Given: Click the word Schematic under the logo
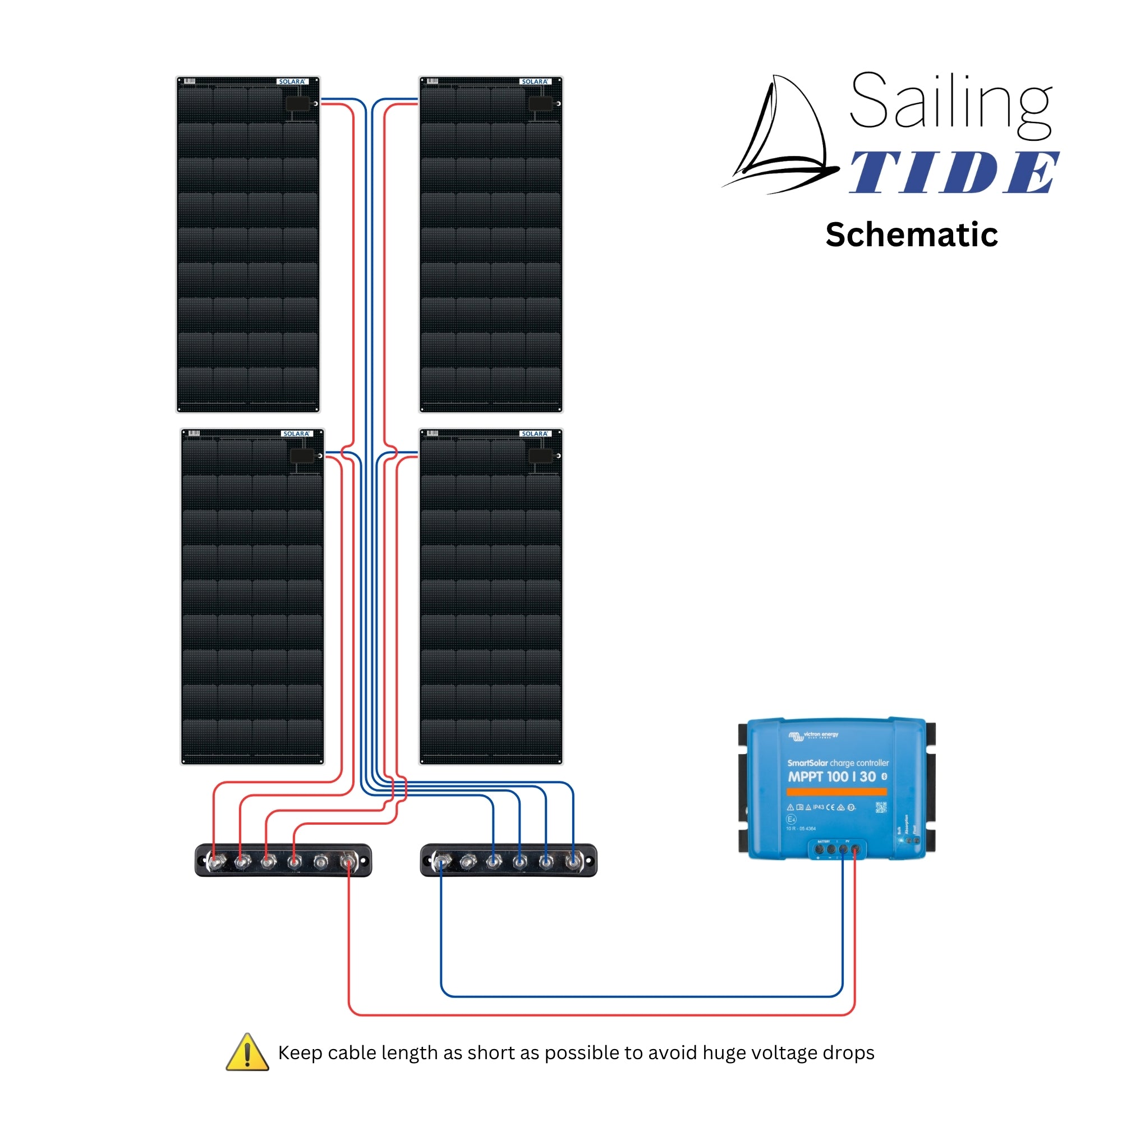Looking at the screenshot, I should pos(911,234).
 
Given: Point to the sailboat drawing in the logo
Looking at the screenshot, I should pos(781,136).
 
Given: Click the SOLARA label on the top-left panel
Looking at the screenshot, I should pos(292,82).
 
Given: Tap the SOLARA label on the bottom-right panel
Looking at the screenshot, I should pos(534,434).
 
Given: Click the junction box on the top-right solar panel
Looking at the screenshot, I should pos(540,104).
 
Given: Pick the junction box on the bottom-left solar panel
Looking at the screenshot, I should pos(301,456).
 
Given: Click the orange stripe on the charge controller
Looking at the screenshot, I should pos(836,792).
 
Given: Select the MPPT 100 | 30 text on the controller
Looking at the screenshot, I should pos(831,776).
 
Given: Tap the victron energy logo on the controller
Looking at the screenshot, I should pos(813,735).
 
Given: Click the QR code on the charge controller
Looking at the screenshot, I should pos(880,807).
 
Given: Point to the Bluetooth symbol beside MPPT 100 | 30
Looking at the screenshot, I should pos(884,776).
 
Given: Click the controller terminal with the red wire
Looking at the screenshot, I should pos(855,849).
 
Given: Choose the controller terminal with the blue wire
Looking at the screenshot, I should pos(843,849).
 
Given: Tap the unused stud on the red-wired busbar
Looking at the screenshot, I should pos(321,862).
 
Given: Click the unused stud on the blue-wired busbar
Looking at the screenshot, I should pos(467,862).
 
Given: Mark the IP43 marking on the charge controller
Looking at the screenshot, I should pos(818,807).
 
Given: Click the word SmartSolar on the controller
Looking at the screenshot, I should pos(807,763).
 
